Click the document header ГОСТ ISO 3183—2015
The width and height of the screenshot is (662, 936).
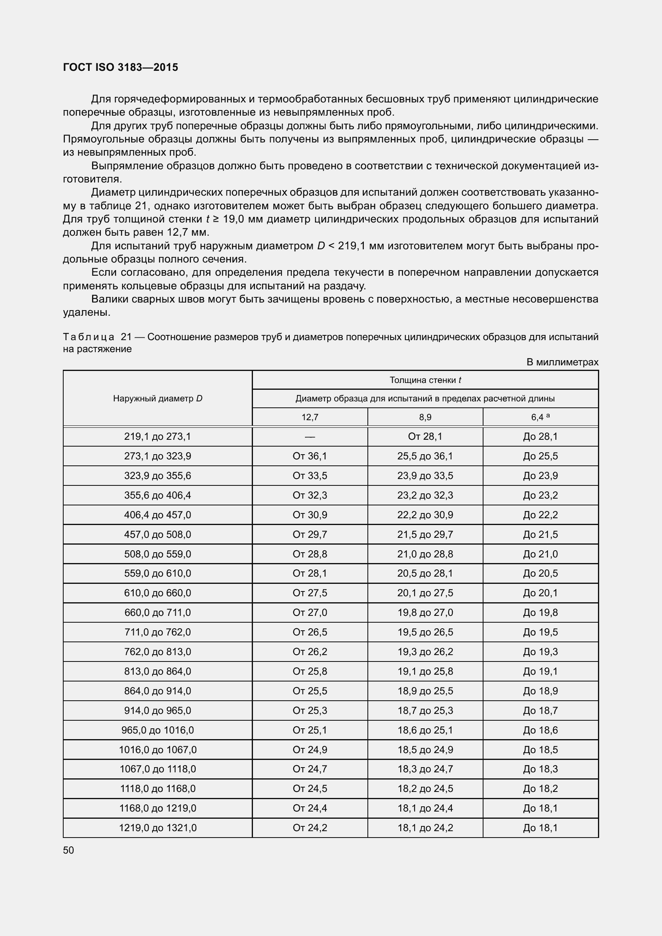120,67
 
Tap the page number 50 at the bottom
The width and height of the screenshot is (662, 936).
68,850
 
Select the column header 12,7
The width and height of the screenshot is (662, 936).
310,417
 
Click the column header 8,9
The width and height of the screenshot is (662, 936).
425,417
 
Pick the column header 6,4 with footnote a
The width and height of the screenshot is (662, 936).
540,417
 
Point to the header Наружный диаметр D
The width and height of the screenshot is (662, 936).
158,398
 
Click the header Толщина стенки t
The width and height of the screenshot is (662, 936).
425,380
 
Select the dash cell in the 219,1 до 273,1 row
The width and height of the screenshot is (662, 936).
310,437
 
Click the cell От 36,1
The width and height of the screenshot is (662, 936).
310,456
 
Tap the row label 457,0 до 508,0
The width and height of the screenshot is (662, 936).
158,535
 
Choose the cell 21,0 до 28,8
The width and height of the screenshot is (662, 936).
425,554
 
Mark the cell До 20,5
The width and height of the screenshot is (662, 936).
540,573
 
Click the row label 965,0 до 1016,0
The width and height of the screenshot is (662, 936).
158,730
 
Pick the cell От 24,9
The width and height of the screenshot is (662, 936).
310,750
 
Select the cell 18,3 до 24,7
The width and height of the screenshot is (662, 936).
425,769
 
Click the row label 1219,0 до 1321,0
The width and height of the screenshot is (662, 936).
158,828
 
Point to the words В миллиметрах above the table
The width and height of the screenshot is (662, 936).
562,362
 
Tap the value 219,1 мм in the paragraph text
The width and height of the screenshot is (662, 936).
361,246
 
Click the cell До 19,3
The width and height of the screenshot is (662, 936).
540,652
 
